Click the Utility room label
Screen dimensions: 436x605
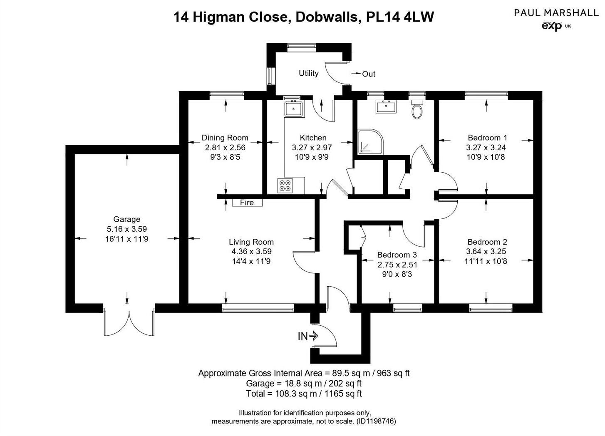[x=308, y=73]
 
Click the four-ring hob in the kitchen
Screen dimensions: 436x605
[x=285, y=185]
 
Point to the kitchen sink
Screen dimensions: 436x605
[x=294, y=109]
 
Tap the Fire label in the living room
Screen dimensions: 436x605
[x=247, y=203]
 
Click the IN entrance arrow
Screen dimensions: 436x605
[x=308, y=336]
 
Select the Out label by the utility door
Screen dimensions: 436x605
[x=368, y=74]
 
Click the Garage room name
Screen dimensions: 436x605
[x=126, y=219]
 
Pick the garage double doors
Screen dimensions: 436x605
[x=129, y=323]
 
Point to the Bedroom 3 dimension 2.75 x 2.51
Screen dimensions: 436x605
[x=397, y=265]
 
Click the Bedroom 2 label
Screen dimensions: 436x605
[x=487, y=242]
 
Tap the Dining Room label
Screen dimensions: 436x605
[x=225, y=138]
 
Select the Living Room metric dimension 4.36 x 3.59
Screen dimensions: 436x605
[x=251, y=251]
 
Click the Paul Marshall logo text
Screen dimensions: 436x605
[x=556, y=12]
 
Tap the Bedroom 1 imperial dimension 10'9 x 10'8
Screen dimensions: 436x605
[x=487, y=157]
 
